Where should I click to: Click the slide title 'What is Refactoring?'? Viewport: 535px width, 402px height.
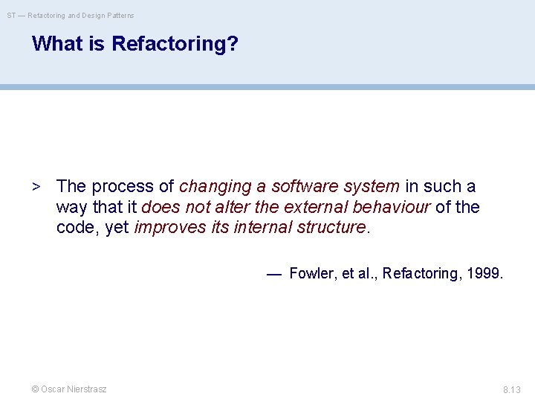tap(135, 44)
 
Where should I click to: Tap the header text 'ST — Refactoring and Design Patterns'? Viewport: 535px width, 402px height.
tap(71, 15)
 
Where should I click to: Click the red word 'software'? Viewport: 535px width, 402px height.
tap(303, 186)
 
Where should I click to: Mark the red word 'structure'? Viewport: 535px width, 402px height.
tap(331, 228)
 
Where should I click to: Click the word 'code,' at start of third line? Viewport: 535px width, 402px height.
tap(78, 228)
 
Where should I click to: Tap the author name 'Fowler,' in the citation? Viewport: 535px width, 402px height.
tap(313, 273)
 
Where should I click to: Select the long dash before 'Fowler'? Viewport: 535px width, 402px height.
tap(274, 273)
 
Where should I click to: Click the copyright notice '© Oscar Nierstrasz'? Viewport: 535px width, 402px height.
tap(68, 389)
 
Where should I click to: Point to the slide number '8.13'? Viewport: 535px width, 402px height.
tap(511, 389)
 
